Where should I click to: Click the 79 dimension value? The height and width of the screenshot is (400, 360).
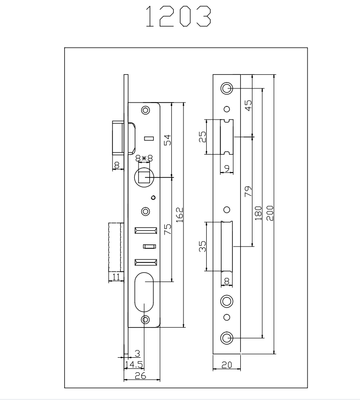tap(247, 191)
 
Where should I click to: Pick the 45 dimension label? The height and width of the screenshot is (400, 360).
tap(248, 105)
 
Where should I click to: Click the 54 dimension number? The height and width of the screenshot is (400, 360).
tap(166, 140)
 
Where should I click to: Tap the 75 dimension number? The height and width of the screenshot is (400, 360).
tap(166, 229)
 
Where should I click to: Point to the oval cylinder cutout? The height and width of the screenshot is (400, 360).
tap(144, 293)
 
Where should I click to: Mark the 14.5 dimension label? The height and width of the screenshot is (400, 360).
tap(133, 364)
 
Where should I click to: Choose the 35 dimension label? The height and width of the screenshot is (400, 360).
tap(202, 247)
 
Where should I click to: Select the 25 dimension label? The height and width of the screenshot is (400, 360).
tap(202, 137)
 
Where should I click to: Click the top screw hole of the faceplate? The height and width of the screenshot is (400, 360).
tap(227, 88)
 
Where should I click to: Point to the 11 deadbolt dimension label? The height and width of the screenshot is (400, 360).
tap(116, 277)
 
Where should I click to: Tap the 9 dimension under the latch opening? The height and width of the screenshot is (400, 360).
tap(227, 169)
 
